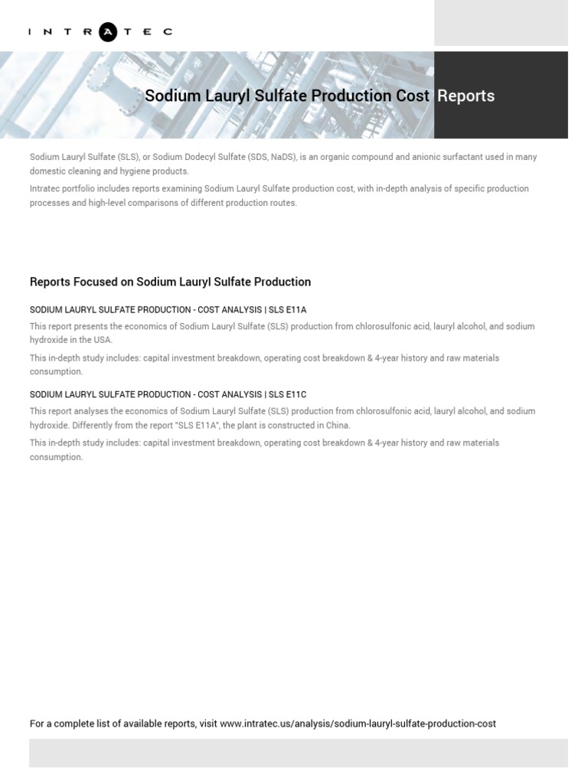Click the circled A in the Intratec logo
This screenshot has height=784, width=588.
coord(109,31)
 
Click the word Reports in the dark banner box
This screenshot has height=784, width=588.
coord(465,96)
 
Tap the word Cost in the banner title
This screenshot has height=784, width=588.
coord(412,96)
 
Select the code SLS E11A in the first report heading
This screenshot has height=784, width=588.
coord(287,310)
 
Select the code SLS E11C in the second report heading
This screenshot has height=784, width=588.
coord(287,394)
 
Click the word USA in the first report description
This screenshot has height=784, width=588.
coord(103,340)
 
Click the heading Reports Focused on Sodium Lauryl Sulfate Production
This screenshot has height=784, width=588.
coord(170,282)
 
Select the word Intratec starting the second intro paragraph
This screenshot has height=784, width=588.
coord(46,188)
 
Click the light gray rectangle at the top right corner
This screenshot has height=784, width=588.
coord(501,23)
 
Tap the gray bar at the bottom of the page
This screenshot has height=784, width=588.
coord(298,753)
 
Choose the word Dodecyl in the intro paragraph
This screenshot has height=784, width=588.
coord(200,157)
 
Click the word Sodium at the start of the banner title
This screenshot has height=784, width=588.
coord(168,96)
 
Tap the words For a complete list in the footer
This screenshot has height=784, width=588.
coord(68,724)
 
